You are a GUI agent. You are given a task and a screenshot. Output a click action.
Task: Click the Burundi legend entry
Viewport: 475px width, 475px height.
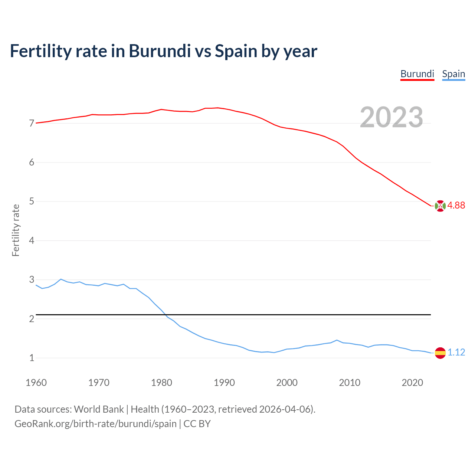(417, 74)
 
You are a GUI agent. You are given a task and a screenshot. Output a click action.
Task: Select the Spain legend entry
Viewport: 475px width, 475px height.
(453, 74)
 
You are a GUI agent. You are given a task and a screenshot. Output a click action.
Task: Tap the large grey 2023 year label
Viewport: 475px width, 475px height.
(392, 117)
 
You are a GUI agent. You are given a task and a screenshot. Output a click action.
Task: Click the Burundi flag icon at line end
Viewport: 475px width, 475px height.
(440, 206)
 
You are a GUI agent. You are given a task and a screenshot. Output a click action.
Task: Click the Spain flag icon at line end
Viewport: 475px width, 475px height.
(440, 353)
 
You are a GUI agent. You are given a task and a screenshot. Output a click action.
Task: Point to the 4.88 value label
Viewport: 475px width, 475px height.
(456, 205)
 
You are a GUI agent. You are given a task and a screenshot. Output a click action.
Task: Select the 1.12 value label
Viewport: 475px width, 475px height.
(456, 352)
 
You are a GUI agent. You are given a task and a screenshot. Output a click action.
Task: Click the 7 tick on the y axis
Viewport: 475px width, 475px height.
(32, 123)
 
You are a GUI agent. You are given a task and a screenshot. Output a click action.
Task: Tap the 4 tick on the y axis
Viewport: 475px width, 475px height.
(32, 240)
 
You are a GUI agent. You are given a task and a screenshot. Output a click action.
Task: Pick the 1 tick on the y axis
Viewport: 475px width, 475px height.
(32, 358)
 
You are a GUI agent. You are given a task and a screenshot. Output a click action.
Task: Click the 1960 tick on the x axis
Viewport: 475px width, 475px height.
(36, 383)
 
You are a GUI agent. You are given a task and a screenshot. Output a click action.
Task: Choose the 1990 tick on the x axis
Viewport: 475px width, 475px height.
(224, 383)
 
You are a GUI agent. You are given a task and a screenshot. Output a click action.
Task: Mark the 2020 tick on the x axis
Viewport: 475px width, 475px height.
(412, 383)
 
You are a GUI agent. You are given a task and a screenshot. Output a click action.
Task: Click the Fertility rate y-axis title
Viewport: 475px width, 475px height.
(16, 230)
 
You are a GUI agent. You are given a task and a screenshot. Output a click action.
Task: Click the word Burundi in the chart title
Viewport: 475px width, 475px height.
(160, 51)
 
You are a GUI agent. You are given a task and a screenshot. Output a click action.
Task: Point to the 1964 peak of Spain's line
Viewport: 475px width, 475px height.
(61, 279)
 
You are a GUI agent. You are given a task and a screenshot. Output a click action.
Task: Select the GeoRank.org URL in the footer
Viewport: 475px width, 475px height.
(95, 423)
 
